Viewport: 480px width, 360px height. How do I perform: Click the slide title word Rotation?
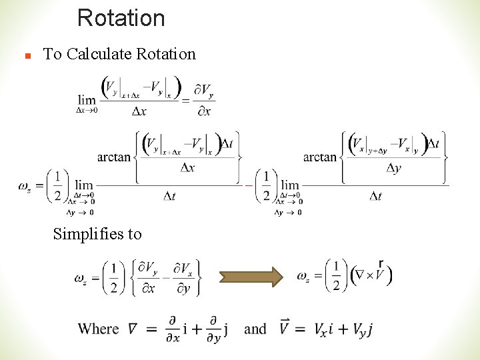[x=121, y=18]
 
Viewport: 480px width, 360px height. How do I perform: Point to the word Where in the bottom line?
[x=99, y=329]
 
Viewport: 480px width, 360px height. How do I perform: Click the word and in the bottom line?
[x=255, y=329]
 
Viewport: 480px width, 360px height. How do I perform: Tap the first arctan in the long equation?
[x=114, y=157]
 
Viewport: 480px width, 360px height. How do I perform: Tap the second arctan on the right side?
[x=320, y=157]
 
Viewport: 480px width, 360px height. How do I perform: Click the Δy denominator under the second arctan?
[x=393, y=168]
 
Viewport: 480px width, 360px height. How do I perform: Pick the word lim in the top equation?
[x=87, y=100]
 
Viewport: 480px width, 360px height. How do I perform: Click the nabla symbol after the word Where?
[x=133, y=328]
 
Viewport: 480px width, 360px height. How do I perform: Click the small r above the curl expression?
[x=380, y=263]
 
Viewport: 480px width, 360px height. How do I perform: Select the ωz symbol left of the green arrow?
[x=83, y=277]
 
